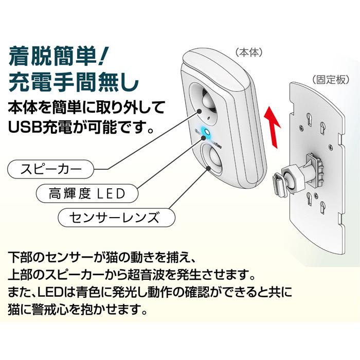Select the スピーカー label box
[52, 168]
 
